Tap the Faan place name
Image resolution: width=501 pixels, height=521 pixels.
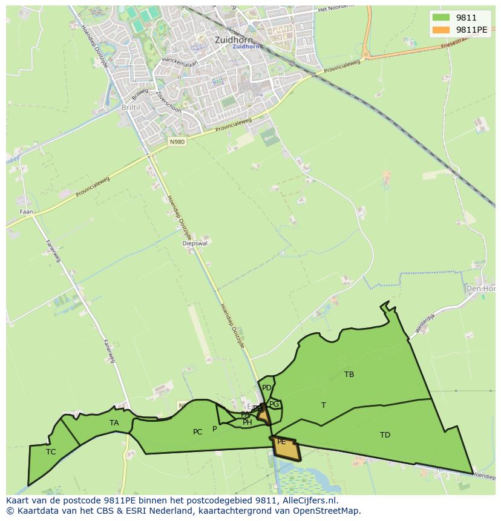coord(27,212)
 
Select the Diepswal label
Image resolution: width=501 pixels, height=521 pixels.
coord(195,244)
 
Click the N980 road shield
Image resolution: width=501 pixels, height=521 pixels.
coord(177,142)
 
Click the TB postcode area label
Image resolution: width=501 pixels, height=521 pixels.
coord(349,375)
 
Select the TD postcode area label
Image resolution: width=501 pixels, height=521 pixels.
coord(385,435)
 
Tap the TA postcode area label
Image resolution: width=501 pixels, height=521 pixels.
coord(114,423)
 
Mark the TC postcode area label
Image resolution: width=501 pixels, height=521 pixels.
coord(51,451)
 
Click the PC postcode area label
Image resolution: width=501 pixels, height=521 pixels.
coord(197,432)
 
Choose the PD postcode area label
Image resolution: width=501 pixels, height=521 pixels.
coord(267,388)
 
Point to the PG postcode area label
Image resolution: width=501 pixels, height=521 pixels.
coord(274,404)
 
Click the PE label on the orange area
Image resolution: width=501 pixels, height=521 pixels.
coord(281,442)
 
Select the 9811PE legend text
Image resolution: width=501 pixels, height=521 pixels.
coord(472,30)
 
